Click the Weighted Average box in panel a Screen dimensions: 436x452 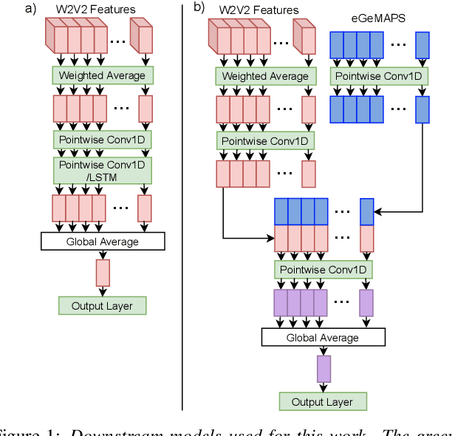pyautogui.click(x=103, y=75)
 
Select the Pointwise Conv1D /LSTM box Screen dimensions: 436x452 pyautogui.click(x=103, y=169)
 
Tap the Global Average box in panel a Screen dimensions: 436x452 pyautogui.click(x=103, y=241)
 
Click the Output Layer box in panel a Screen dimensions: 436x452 pyautogui.click(x=103, y=305)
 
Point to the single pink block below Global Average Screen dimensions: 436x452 pyautogui.click(x=103, y=273)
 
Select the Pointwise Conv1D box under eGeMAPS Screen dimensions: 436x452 pyautogui.click(x=378, y=75)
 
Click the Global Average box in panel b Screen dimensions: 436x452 pyautogui.click(x=323, y=338)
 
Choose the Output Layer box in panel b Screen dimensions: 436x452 pyautogui.click(x=323, y=402)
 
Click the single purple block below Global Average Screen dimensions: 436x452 pyautogui.click(x=323, y=369)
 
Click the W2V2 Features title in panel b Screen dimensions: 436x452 pyautogui.click(x=259, y=10)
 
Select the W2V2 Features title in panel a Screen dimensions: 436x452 pyautogui.click(x=96, y=8)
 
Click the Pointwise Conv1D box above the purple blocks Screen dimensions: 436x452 pyautogui.click(x=322, y=270)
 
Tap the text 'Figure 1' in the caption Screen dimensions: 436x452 pyautogui.click(x=26, y=430)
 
